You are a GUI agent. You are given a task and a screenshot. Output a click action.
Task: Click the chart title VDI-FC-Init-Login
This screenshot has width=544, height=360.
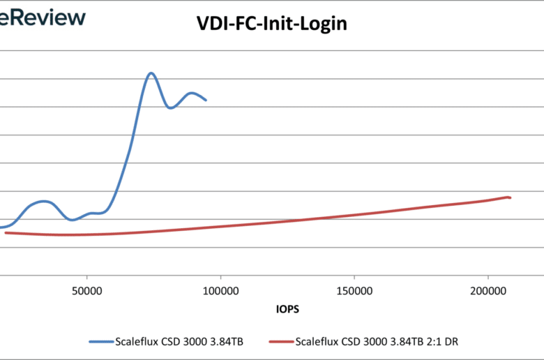click(271, 24)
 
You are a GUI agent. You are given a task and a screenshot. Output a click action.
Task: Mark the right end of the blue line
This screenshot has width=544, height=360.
click(206, 100)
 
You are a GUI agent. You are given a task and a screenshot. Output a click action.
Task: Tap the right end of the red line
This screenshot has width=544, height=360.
click(511, 197)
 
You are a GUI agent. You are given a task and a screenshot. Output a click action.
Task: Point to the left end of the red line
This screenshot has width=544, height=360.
click(6, 232)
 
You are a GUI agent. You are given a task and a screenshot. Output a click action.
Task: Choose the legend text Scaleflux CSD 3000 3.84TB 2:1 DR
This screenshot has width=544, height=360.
click(377, 342)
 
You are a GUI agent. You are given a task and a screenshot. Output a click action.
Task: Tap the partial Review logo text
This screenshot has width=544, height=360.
click(42, 17)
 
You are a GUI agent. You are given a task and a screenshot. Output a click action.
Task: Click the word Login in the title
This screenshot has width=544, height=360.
click(324, 24)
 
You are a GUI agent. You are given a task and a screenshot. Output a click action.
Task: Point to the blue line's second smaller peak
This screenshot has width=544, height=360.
click(192, 93)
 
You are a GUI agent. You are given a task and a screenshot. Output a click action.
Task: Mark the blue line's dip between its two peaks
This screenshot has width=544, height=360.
click(170, 108)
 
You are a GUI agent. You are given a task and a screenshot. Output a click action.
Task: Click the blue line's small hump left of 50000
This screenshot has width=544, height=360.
click(43, 201)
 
